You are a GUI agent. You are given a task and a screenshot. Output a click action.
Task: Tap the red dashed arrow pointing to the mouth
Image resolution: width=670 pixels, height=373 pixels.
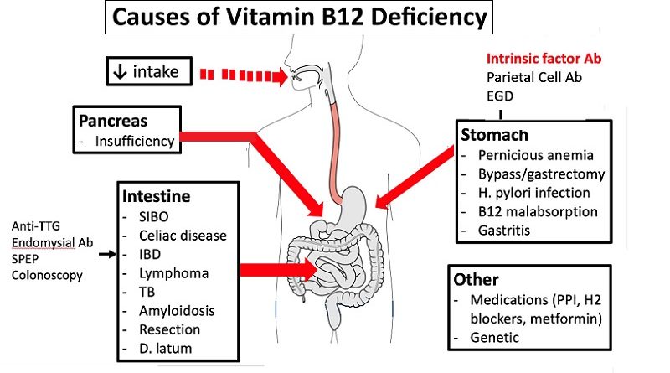pyautogui.click(x=243, y=75)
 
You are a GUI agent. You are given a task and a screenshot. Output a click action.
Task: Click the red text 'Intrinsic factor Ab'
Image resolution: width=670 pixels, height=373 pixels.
pyautogui.click(x=544, y=59)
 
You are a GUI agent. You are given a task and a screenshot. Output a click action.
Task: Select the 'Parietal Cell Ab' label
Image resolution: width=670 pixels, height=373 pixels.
pyautogui.click(x=534, y=77)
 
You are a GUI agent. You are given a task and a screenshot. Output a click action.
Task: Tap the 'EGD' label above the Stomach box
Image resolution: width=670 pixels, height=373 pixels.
pyautogui.click(x=501, y=96)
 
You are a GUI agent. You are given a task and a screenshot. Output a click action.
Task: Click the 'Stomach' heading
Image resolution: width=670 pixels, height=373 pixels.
pyautogui.click(x=493, y=135)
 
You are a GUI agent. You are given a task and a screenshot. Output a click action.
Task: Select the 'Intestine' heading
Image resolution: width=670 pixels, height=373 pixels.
pyautogui.click(x=156, y=197)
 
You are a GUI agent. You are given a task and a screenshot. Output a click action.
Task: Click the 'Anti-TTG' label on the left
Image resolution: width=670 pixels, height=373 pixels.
pyautogui.click(x=35, y=226)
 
